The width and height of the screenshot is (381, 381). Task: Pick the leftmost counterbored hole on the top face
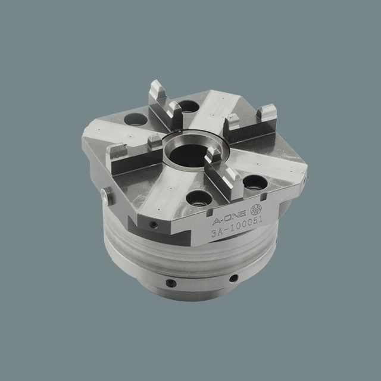[x=135, y=120]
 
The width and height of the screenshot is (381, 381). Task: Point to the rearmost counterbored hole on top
[x=188, y=107]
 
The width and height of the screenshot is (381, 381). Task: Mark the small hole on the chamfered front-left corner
[x=154, y=225]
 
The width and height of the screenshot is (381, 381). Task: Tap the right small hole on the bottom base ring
[x=233, y=278]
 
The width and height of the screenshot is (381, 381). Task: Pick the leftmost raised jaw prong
[x=114, y=155]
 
